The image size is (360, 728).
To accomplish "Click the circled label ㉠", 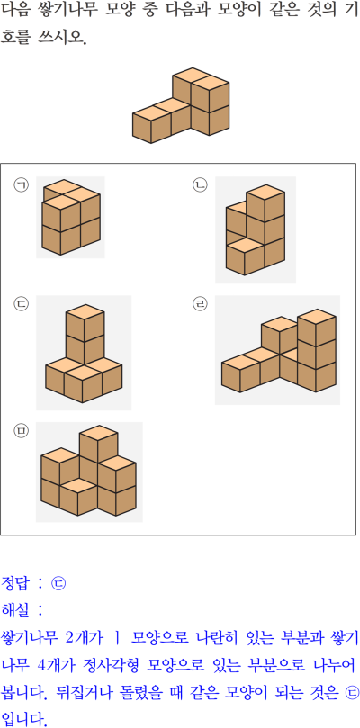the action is pos(21,185).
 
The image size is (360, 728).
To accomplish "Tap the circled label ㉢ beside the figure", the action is pos(21,304).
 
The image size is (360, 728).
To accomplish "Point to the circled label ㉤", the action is pos(21,431).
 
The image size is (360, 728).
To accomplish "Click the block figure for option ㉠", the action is pos(71,217).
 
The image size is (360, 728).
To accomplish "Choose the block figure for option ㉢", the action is pos(84,354).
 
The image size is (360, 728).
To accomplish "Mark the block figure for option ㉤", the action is pos(88,472).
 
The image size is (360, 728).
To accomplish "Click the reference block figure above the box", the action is pos(181,105).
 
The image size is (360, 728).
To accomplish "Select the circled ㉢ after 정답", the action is pos(59,583).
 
